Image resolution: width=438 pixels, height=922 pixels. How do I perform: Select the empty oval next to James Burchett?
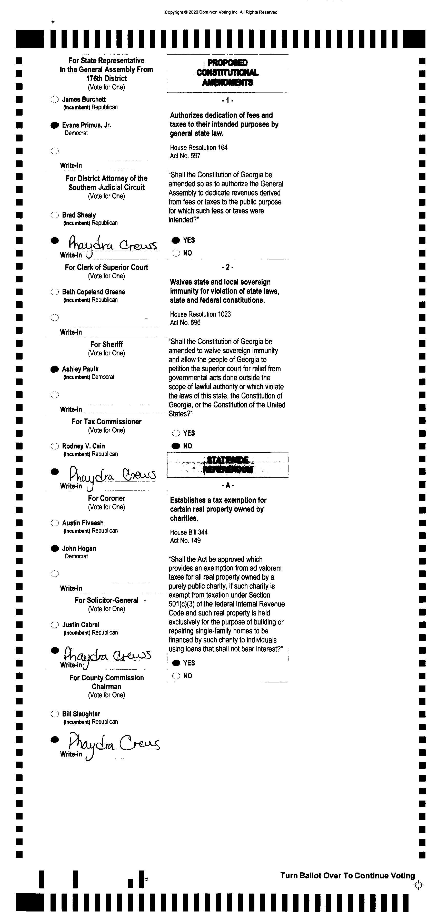[54, 99]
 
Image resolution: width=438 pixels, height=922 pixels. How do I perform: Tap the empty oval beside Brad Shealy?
[54, 215]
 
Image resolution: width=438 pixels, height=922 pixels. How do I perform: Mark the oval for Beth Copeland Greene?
[54, 292]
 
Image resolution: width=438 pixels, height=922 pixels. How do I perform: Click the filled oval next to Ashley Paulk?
[54, 369]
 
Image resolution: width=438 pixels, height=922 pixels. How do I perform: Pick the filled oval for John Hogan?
[54, 549]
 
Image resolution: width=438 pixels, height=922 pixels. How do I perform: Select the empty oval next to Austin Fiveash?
[54, 523]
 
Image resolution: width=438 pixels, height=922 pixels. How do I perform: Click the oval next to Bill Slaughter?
[54, 714]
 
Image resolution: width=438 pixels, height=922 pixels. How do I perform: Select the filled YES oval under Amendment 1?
[176, 240]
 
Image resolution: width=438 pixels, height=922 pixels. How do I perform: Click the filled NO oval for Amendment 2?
[176, 446]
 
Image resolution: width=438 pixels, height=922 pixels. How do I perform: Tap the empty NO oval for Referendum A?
[176, 676]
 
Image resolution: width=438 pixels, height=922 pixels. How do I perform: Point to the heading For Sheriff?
[106, 344]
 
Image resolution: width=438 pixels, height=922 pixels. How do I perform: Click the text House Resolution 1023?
[200, 314]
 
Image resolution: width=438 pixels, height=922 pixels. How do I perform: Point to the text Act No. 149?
[185, 540]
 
